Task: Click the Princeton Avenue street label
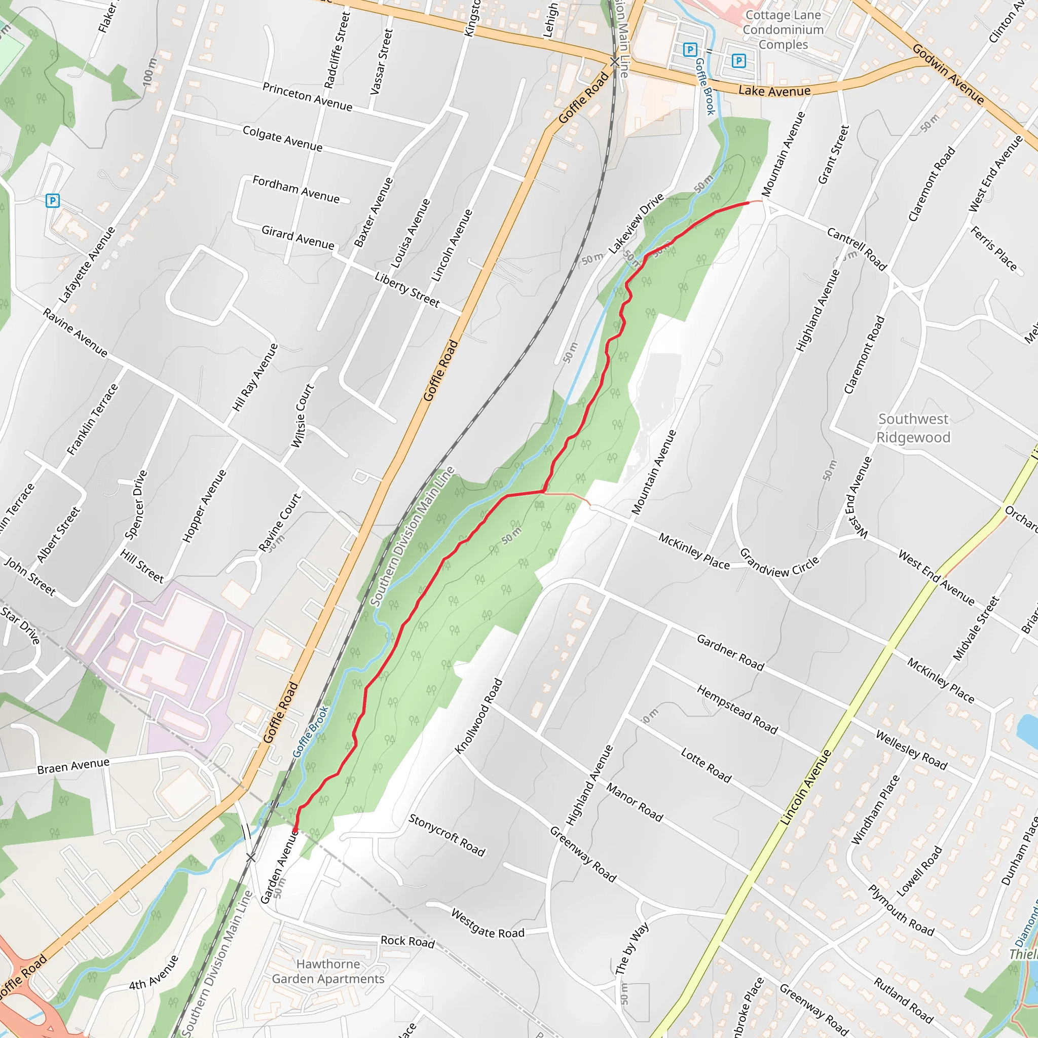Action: point(307,97)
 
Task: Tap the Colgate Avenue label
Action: point(283,138)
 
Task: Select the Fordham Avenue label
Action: point(296,189)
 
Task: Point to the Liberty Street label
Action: point(407,289)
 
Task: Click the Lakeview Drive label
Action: point(636,224)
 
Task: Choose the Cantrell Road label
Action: point(857,249)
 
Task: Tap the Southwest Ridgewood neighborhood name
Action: point(913,428)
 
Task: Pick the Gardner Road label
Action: point(730,652)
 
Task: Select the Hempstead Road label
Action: point(737,710)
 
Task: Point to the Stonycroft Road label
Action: point(447,835)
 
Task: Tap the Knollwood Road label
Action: point(478,716)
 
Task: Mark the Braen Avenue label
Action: point(73,766)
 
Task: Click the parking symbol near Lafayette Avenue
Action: point(53,201)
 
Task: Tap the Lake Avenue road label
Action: point(774,91)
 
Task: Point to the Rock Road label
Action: point(408,941)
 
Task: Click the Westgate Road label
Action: point(487,923)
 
